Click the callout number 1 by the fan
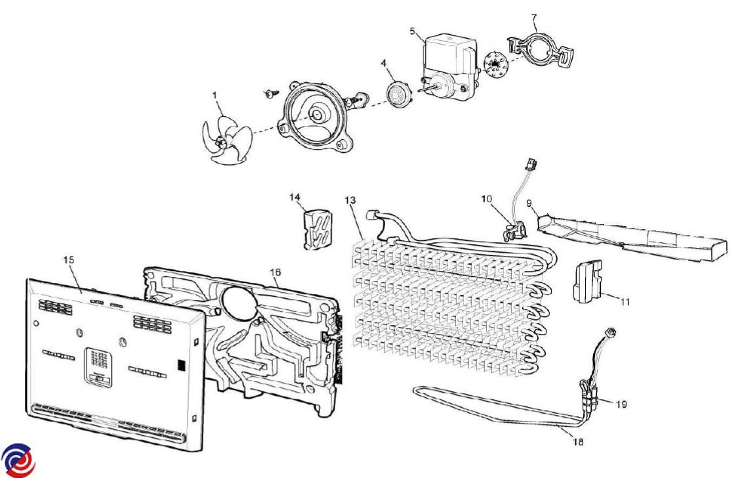click(x=215, y=96)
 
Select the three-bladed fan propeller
click(x=222, y=140)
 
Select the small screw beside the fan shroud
click(x=270, y=94)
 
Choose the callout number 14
click(x=295, y=196)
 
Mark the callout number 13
click(x=351, y=200)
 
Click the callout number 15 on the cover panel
click(x=69, y=261)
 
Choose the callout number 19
click(x=621, y=404)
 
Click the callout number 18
click(x=577, y=442)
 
